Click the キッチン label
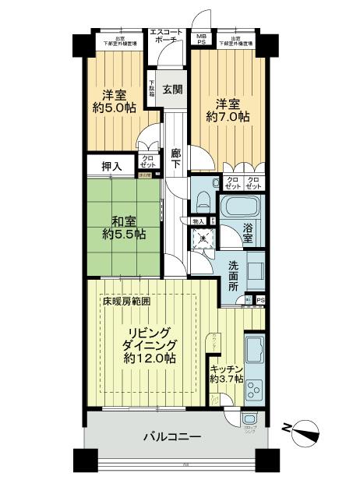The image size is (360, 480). (227, 369)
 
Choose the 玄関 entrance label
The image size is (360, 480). (173, 90)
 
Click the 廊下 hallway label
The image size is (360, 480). (175, 158)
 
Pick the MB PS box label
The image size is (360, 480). (201, 40)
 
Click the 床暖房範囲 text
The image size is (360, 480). (125, 301)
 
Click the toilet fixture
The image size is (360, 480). (202, 201)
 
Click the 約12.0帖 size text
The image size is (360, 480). (148, 358)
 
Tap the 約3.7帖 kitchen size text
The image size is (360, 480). (227, 379)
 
